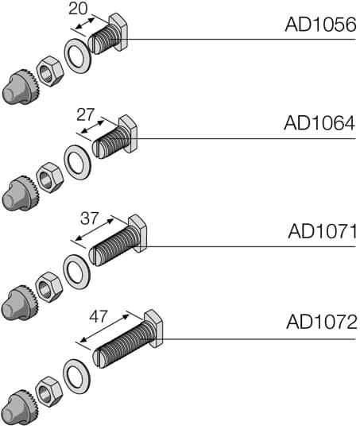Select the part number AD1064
tap(319, 124)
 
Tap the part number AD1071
tap(321, 232)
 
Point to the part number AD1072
tap(321, 323)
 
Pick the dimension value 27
tap(85, 114)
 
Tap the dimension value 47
tap(98, 316)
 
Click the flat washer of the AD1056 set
tap(77, 59)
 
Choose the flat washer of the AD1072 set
tap(77, 376)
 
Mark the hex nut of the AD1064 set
tap(49, 177)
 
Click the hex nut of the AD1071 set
tap(49, 286)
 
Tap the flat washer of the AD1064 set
tap(77, 162)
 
